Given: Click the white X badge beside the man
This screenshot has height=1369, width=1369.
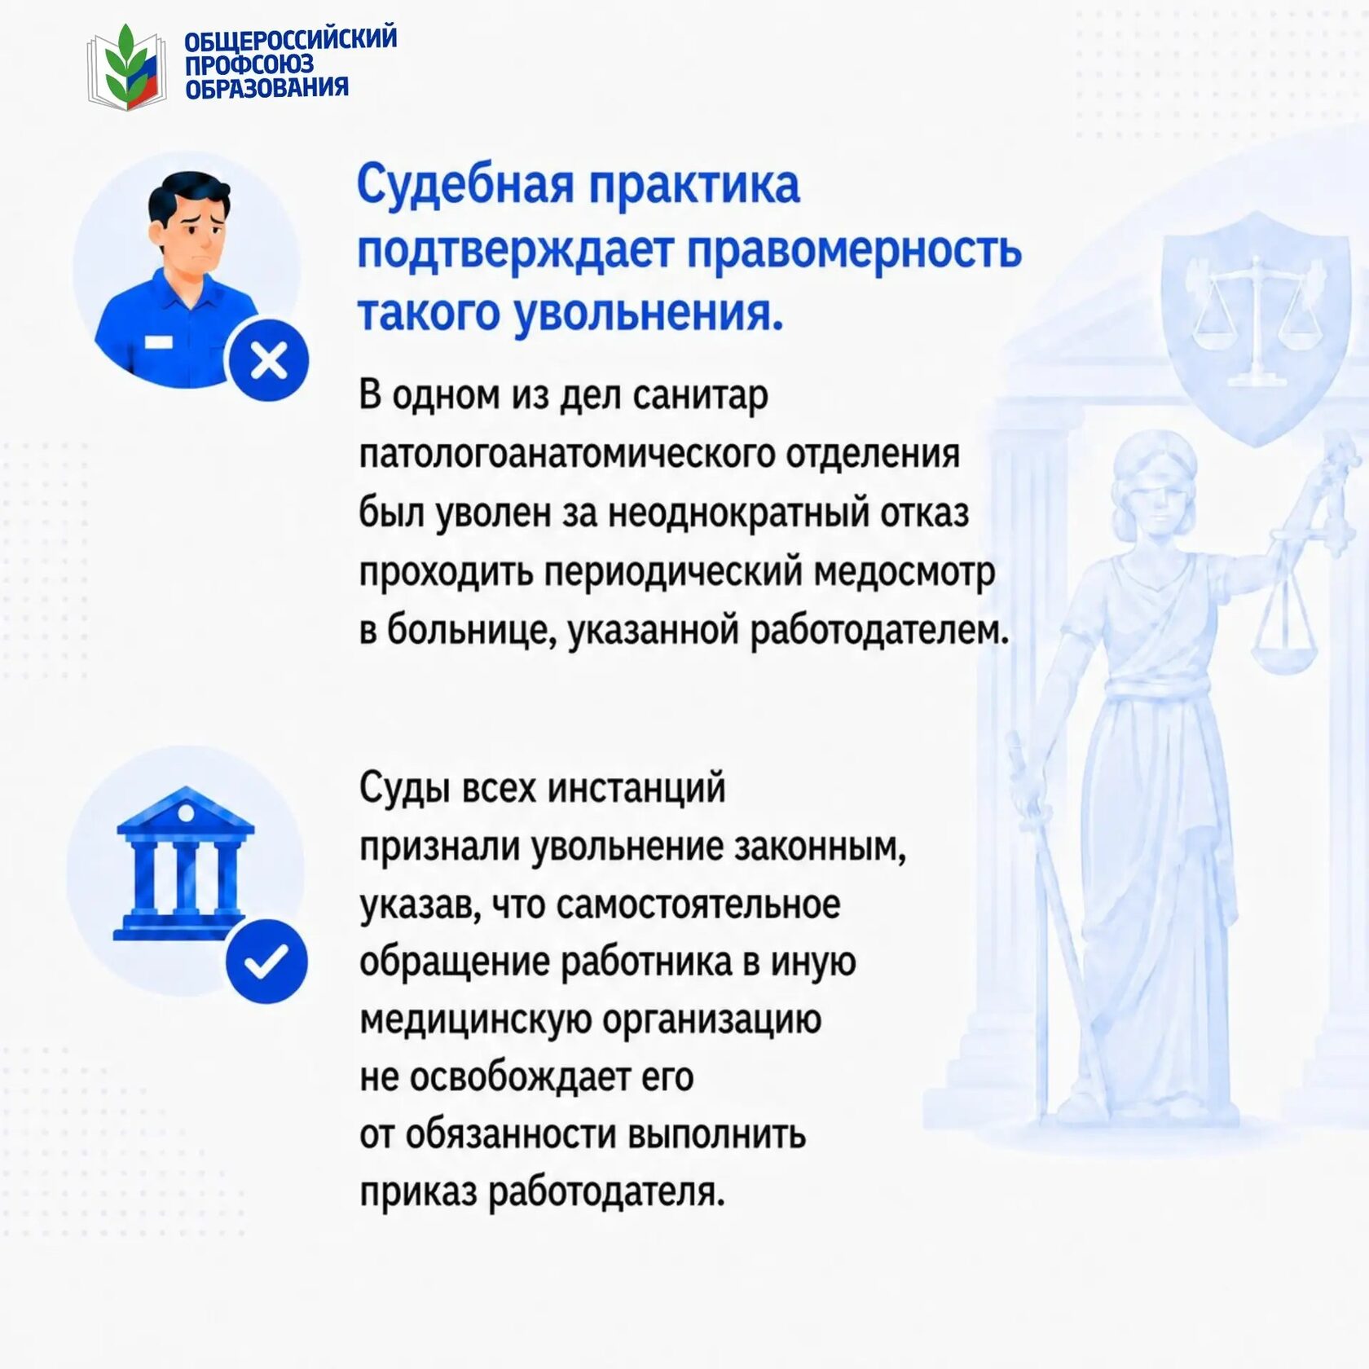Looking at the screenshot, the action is pos(269,360).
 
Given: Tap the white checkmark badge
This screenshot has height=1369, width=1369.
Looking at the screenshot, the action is pos(266,961).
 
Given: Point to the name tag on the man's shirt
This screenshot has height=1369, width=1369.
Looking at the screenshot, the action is pos(158,341).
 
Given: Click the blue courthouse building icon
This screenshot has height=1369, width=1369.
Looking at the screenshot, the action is pos(185,863).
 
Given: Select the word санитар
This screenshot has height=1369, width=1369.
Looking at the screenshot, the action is pos(700,395).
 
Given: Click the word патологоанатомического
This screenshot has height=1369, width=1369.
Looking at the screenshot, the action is pos(566,455).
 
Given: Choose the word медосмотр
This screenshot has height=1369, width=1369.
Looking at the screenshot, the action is pos(905,572).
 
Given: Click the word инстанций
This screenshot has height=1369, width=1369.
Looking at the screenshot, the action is pos(636,789).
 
